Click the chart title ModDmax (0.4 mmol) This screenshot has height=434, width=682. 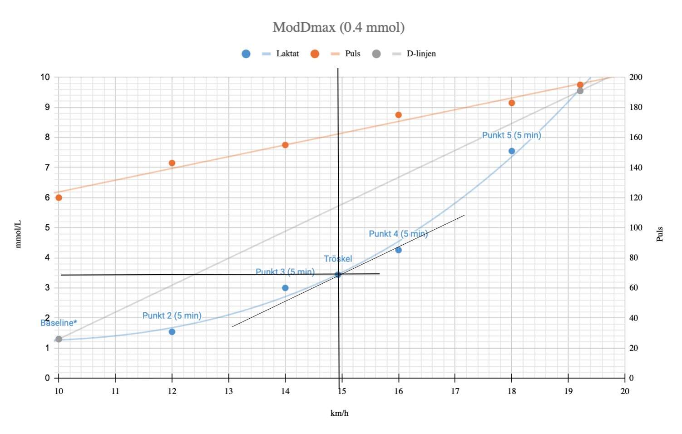pos(338,27)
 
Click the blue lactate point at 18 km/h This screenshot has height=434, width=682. pos(512,151)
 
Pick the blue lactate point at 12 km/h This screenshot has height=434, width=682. pos(172,332)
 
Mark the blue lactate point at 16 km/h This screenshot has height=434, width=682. pos(399,250)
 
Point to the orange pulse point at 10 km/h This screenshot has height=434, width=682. pos(59,197)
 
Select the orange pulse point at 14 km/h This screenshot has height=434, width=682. pos(285,145)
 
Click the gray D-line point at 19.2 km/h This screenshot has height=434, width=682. pos(580,91)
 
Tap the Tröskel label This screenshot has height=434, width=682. pos(338,259)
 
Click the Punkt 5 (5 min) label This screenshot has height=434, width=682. pos(511,135)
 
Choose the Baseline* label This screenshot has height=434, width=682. pos(59,323)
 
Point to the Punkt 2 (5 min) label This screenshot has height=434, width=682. pos(172,316)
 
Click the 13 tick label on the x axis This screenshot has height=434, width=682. pos(228,391)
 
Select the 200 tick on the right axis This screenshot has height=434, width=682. pos(636,77)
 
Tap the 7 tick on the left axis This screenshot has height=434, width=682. pos(47,168)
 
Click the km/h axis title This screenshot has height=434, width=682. pos(339,413)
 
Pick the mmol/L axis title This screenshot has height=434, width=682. pos(18,234)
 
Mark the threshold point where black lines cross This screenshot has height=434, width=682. pos(338,274)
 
